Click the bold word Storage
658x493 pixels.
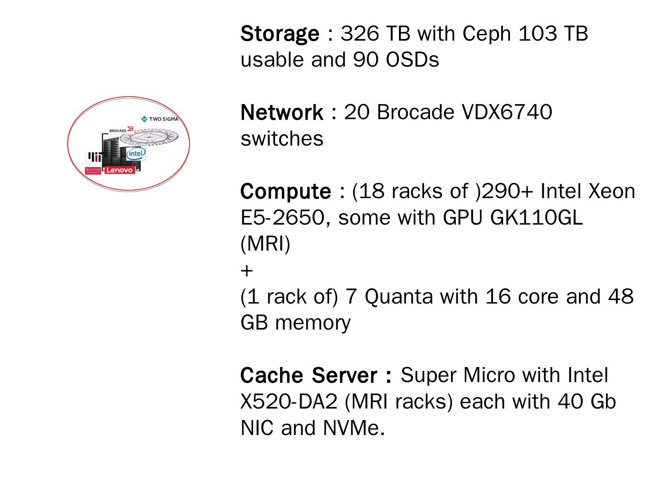click(280, 34)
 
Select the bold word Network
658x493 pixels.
click(281, 113)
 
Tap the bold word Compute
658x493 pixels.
click(286, 192)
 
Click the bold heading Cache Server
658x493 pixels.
click(316, 376)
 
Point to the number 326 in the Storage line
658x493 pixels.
click(360, 34)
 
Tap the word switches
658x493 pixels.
click(282, 139)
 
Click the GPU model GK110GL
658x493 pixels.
click(536, 218)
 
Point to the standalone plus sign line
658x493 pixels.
click(246, 271)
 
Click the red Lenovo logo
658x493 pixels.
click(120, 170)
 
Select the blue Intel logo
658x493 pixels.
click(136, 153)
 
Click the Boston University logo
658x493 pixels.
click(93, 171)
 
